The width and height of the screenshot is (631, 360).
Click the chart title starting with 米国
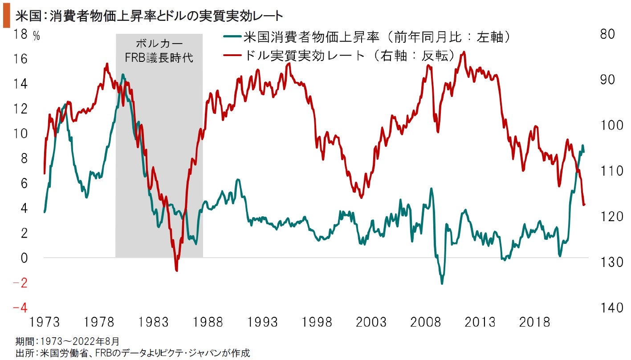tap(149, 17)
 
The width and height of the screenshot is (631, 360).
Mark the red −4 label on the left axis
tap(21, 307)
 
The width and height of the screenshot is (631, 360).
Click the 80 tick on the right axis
tap(607, 34)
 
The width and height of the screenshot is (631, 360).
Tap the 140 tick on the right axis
tap(607, 307)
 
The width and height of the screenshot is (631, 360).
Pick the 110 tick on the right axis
tap(607, 171)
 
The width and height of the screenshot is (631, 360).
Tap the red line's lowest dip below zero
tap(177, 270)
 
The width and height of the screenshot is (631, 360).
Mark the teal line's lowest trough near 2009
tap(442, 283)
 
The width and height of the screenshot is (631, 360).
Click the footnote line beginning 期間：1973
tap(67, 342)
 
